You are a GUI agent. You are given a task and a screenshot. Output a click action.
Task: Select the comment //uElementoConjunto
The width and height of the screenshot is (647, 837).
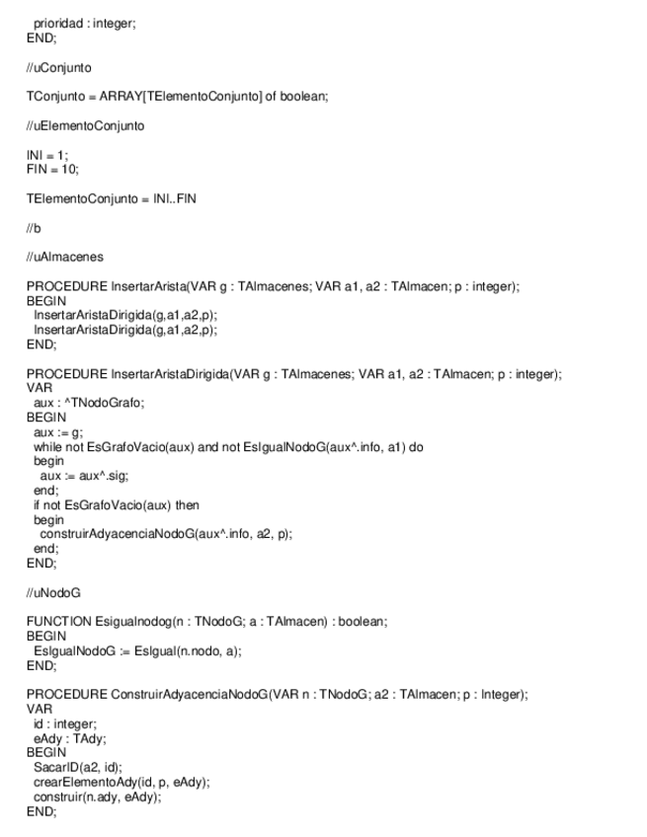click(x=84, y=125)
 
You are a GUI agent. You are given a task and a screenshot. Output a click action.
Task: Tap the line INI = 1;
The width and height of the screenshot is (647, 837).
click(x=46, y=157)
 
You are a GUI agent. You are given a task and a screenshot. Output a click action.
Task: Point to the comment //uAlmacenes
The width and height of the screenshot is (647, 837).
click(x=64, y=258)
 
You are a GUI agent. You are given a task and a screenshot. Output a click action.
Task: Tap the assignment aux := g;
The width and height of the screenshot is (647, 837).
click(x=58, y=432)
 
